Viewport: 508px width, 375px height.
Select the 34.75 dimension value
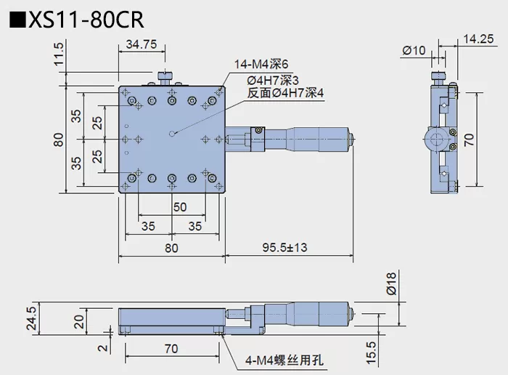(x=142, y=44)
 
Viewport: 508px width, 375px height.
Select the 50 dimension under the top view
(x=179, y=207)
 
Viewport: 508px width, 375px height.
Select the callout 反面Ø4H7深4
(x=284, y=93)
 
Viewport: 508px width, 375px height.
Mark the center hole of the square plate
(x=171, y=133)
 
